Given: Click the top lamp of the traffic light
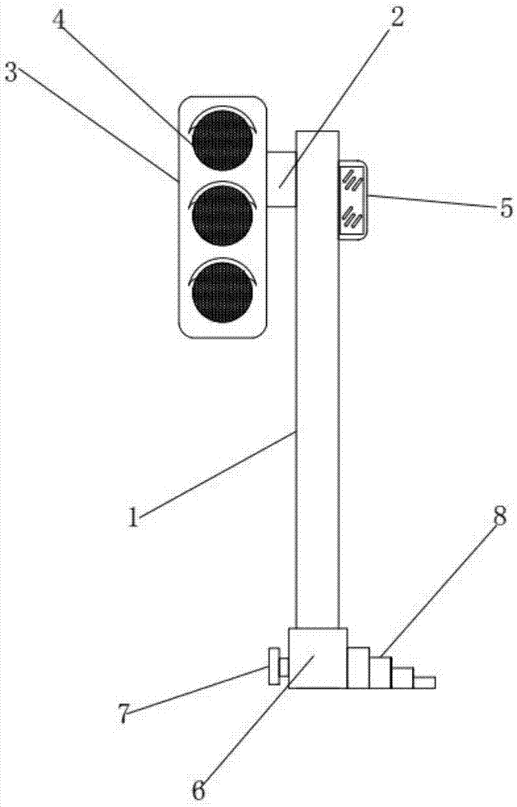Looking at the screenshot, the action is point(223,140).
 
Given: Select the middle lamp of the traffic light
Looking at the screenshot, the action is point(223,216).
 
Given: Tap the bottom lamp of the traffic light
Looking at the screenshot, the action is point(223,292).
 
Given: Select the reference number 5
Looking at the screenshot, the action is point(507,208).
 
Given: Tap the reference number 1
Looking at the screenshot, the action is point(134,516).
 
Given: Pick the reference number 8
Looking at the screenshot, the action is point(499,516).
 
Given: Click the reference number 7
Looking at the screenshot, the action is point(123,713).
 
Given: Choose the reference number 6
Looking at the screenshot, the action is point(198,791).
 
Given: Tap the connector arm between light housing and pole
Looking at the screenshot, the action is point(281,179).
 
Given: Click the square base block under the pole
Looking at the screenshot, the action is point(318,658).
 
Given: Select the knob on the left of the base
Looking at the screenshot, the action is point(277,667).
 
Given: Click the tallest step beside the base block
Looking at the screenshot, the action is point(359,667).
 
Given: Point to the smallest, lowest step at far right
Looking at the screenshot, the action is point(424,683).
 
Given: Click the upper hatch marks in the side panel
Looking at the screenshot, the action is point(354,181).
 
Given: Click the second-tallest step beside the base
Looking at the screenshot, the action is point(381,672).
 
